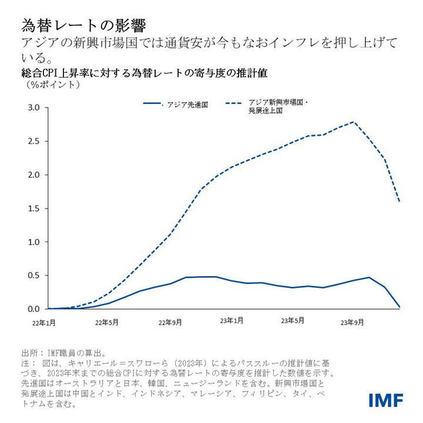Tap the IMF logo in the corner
(386, 401)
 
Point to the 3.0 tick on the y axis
(33, 108)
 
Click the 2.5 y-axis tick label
(33, 142)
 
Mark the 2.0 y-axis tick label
(33, 175)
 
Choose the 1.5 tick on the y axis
(33, 209)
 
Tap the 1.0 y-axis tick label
(33, 242)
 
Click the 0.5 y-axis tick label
(33, 276)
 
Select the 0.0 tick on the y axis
(33, 309)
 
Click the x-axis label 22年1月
(44, 323)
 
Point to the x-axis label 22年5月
(106, 322)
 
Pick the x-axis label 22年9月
(170, 322)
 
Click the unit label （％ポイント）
(53, 85)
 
